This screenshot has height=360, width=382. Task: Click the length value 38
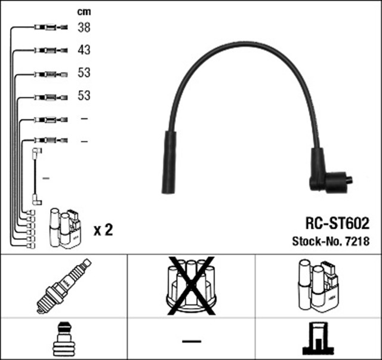pos(84,27)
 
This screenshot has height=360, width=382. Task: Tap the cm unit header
pos(84,11)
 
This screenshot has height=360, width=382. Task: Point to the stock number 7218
pos(358,242)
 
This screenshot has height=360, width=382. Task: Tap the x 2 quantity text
pos(103,229)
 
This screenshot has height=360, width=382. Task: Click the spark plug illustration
pos(63,285)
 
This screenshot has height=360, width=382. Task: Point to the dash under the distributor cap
pos(190,340)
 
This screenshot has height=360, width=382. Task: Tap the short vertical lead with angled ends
pos(36,177)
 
